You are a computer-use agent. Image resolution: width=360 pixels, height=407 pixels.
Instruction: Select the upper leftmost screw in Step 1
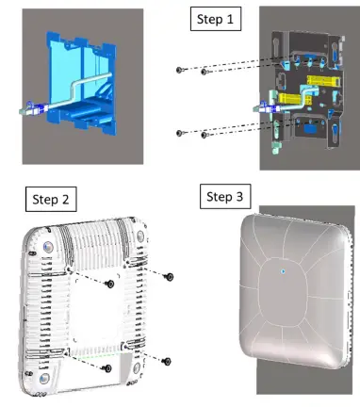click(179, 69)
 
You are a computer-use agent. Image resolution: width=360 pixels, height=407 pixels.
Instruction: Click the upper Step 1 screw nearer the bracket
click(205, 72)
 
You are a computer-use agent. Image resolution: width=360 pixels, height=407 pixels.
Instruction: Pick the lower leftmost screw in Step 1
click(179, 132)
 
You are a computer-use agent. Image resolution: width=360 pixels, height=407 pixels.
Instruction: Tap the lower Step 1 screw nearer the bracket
click(205, 135)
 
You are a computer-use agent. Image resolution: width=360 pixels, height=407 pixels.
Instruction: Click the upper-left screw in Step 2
click(110, 283)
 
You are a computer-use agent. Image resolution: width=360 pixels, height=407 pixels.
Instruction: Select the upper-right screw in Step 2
click(169, 276)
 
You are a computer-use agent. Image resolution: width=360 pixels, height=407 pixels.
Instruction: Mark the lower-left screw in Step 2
click(109, 366)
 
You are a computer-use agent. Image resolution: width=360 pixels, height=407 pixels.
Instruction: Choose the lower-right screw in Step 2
click(168, 360)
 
